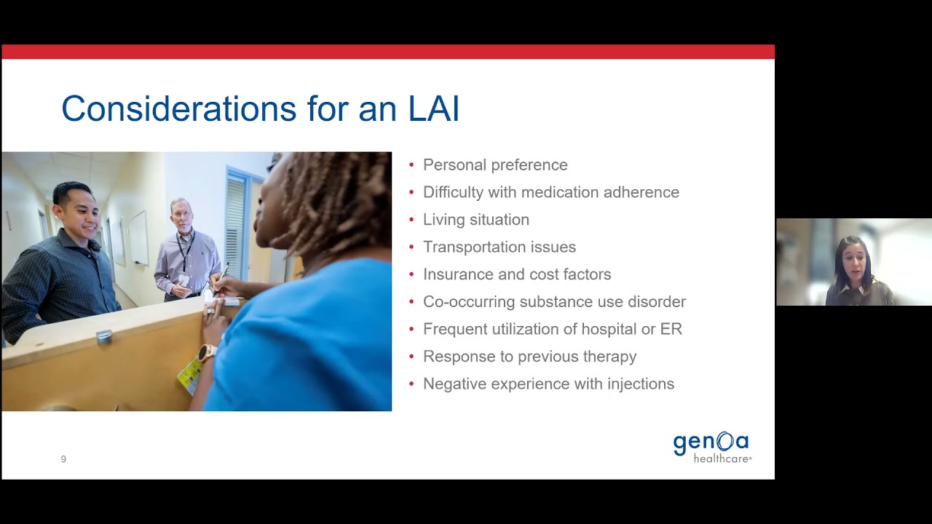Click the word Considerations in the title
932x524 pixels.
pyautogui.click(x=178, y=109)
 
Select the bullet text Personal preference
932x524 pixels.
pyautogui.click(x=495, y=165)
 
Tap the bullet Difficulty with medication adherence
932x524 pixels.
pyautogui.click(x=550, y=192)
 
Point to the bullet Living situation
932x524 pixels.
pyautogui.click(x=475, y=220)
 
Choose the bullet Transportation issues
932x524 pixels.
pyautogui.click(x=499, y=247)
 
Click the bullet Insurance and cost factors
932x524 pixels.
pyautogui.click(x=517, y=274)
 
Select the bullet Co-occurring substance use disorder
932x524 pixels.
pyautogui.click(x=554, y=302)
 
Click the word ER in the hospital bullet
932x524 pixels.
pyautogui.click(x=671, y=329)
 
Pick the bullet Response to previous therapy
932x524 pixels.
pyautogui.click(x=529, y=357)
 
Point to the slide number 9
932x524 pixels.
pyautogui.click(x=63, y=459)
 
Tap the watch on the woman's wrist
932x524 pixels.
pyautogui.click(x=207, y=353)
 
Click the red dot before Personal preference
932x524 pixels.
pyautogui.click(x=411, y=165)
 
